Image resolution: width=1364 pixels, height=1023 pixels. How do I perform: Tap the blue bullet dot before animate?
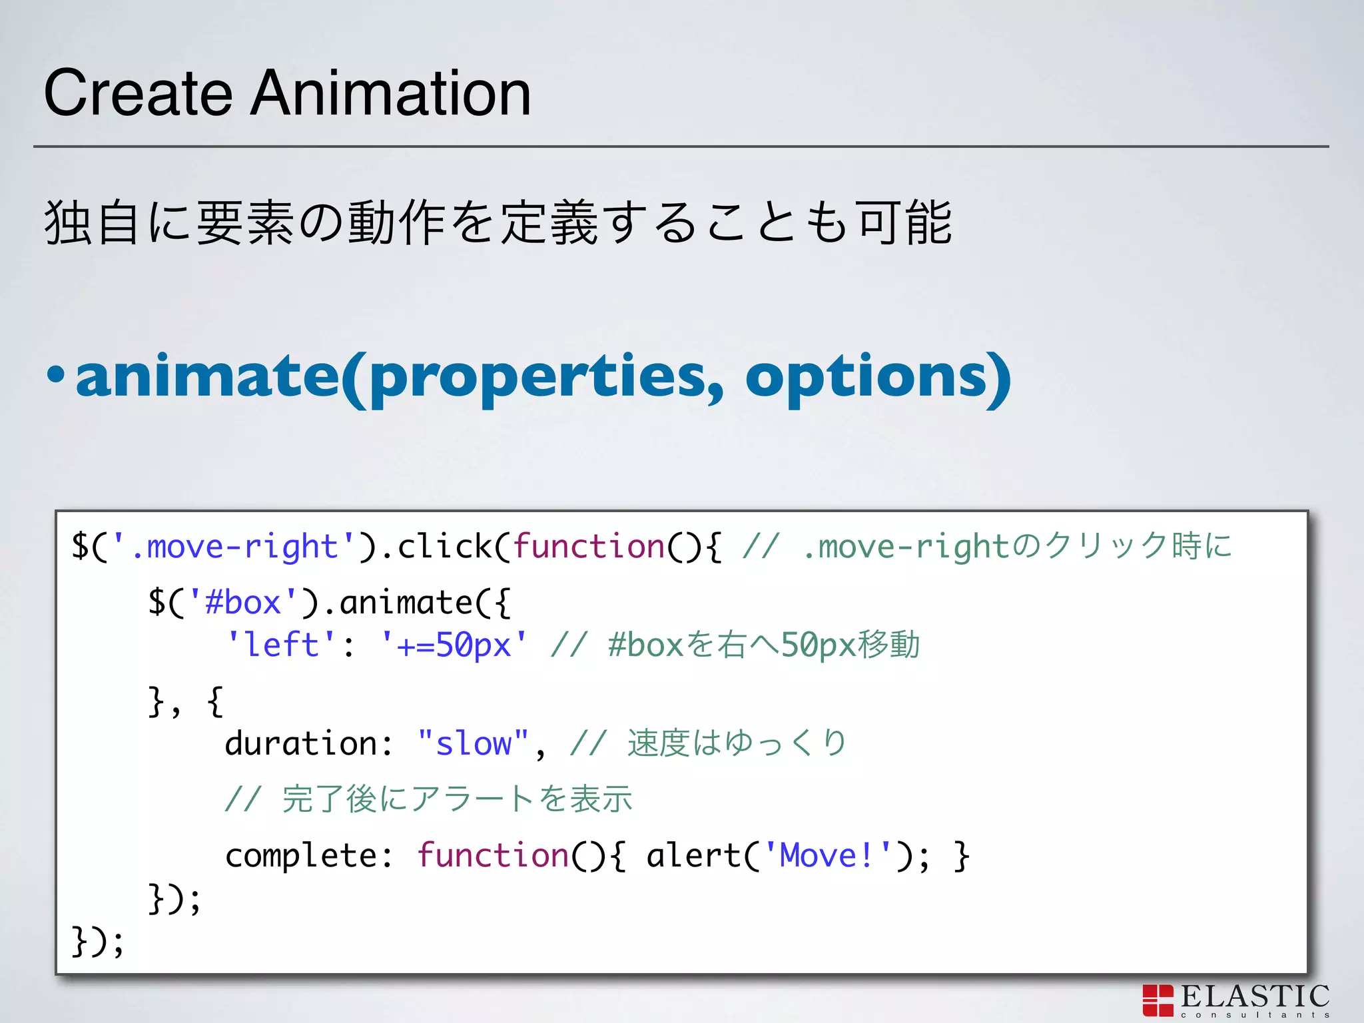pyautogui.click(x=56, y=374)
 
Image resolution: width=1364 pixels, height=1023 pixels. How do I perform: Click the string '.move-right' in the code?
pyautogui.click(x=234, y=547)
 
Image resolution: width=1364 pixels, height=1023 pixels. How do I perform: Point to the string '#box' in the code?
pyautogui.click(x=243, y=603)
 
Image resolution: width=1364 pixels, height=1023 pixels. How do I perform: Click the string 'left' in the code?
pyautogui.click(x=282, y=645)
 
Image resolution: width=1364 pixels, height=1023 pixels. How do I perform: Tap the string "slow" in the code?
pyautogui.click(x=473, y=743)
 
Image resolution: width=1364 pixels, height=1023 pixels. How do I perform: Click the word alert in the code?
pyautogui.click(x=693, y=855)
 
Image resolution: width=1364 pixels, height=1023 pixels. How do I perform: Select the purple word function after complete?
pyautogui.click(x=493, y=855)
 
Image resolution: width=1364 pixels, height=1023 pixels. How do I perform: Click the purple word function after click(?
pyautogui.click(x=589, y=547)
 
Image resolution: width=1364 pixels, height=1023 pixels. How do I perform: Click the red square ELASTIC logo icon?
pyautogui.click(x=1158, y=1000)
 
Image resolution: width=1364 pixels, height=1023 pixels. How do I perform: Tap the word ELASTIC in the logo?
pyautogui.click(x=1255, y=996)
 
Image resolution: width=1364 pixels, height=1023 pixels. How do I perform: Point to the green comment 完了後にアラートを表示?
pyautogui.click(x=457, y=799)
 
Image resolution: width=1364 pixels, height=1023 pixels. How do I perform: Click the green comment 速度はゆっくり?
pyautogui.click(x=737, y=743)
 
